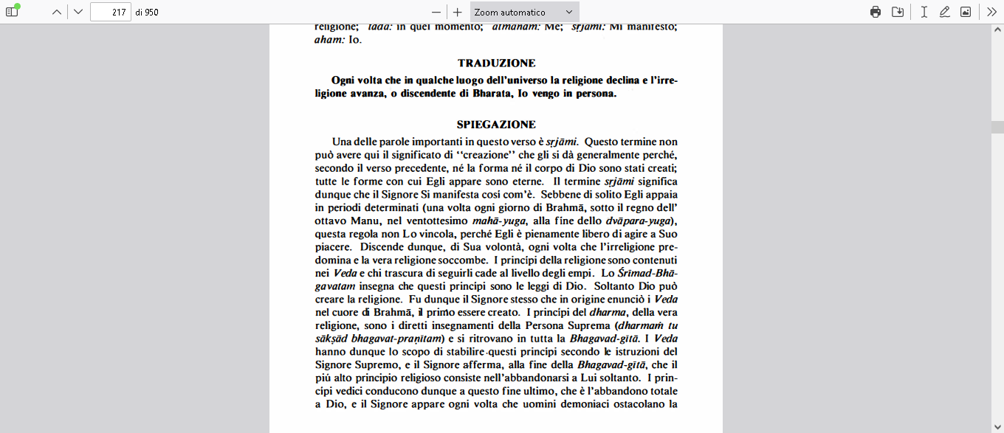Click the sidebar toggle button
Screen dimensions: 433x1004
pos(12,12)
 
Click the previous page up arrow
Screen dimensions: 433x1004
pos(56,12)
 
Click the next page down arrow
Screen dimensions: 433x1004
pos(78,12)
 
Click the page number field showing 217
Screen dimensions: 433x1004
pos(110,12)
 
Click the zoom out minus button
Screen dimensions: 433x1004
pos(436,12)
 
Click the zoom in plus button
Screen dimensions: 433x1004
pos(458,12)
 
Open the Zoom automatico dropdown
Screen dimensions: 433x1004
pos(524,12)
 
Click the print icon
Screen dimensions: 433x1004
pos(876,12)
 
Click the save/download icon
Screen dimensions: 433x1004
pos(898,12)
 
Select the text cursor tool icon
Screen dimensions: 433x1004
pos(924,12)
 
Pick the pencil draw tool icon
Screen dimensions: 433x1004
pos(944,12)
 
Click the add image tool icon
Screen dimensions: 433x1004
pos(966,12)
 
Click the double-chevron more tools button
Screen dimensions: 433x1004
pos(991,12)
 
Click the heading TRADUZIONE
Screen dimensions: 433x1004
pos(496,63)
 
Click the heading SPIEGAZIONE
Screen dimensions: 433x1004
pos(496,125)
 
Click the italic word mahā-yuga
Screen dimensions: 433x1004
pos(495,221)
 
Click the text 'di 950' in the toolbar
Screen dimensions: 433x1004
pos(147,12)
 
